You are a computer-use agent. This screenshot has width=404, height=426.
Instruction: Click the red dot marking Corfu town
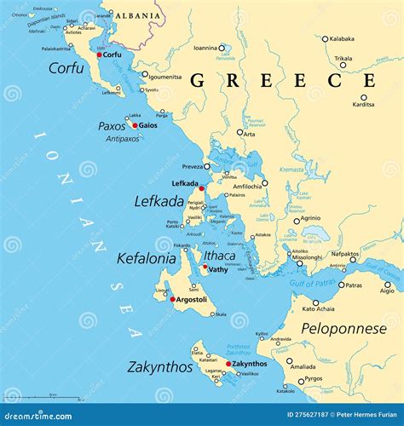(x=100, y=55)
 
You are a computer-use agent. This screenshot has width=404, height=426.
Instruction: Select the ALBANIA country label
(x=136, y=15)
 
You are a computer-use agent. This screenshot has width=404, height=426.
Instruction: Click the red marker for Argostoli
(x=173, y=299)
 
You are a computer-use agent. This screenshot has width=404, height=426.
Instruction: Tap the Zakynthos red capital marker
(x=228, y=364)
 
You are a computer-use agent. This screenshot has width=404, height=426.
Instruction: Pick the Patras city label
(x=353, y=285)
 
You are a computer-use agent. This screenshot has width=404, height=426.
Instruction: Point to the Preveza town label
(x=191, y=167)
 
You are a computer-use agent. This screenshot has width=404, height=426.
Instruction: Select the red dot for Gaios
(x=135, y=125)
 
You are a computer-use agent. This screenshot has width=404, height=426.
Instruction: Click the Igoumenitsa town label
(x=165, y=77)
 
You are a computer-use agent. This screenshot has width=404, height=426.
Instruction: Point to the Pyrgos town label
(x=313, y=377)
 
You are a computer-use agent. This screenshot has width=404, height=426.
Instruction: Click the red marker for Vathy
(x=205, y=268)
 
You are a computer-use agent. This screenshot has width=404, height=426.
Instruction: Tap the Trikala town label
(x=343, y=59)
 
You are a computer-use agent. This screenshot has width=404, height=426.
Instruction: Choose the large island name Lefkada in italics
(x=159, y=201)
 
